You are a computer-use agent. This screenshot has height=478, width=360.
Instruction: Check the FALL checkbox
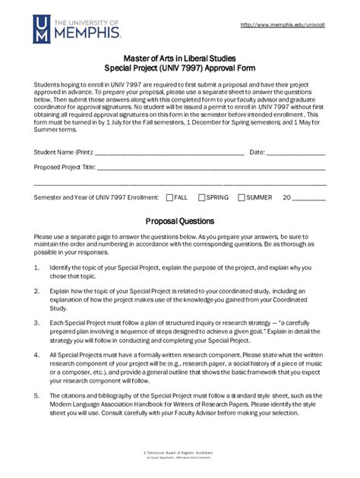(169, 197)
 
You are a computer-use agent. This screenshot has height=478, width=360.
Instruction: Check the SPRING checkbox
(202, 197)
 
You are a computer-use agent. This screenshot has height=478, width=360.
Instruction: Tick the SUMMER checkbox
(242, 197)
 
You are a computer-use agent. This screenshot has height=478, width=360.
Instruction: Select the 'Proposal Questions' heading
(180, 222)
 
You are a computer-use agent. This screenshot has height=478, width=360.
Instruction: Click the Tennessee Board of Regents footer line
(179, 451)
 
